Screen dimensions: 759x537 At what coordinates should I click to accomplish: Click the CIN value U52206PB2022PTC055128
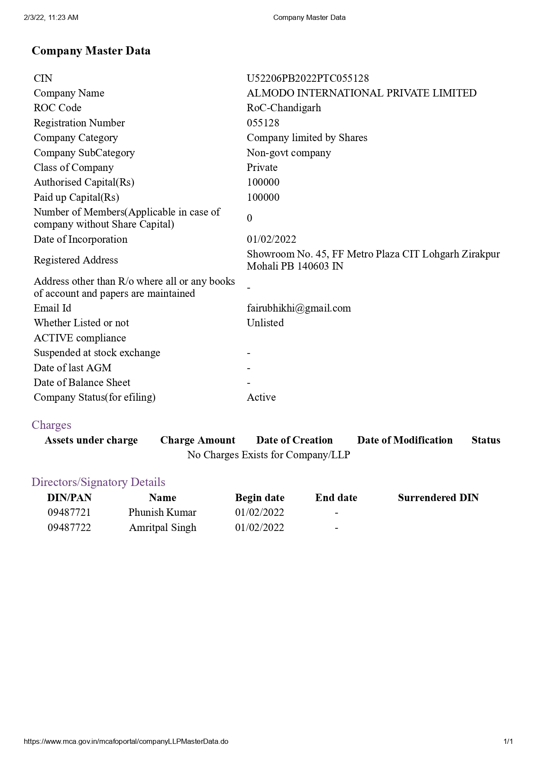point(307,78)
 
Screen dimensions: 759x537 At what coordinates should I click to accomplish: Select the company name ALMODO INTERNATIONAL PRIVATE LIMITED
point(361,93)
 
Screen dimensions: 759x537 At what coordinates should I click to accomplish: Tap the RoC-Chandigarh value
point(284,108)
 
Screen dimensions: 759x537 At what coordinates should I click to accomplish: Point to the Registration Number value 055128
point(263,123)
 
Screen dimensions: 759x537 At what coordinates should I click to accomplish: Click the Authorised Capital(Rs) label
point(84,182)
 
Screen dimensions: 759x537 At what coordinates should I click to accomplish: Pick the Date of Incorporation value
point(271,239)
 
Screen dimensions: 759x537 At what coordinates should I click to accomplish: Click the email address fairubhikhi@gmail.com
point(298,308)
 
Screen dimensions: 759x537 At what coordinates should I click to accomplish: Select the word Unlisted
point(265,323)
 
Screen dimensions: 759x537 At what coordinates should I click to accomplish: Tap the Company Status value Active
point(261,397)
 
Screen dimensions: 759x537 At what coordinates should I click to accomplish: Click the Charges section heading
point(51,425)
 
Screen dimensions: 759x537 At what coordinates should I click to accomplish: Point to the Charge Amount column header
point(197,440)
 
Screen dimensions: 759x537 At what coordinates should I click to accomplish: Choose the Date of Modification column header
point(404,440)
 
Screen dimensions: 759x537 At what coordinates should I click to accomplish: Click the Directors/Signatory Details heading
point(98,482)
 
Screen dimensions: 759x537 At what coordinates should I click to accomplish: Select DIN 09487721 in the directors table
point(69,512)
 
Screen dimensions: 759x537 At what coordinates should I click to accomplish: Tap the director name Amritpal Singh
point(162,527)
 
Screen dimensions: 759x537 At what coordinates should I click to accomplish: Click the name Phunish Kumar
point(162,512)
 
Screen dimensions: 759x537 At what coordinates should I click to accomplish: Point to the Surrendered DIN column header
point(438,498)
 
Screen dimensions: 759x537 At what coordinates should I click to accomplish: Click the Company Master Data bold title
point(91,51)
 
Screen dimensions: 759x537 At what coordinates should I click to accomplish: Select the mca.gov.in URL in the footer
point(126,741)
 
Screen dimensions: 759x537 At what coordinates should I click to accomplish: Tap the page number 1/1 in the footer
point(508,741)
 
